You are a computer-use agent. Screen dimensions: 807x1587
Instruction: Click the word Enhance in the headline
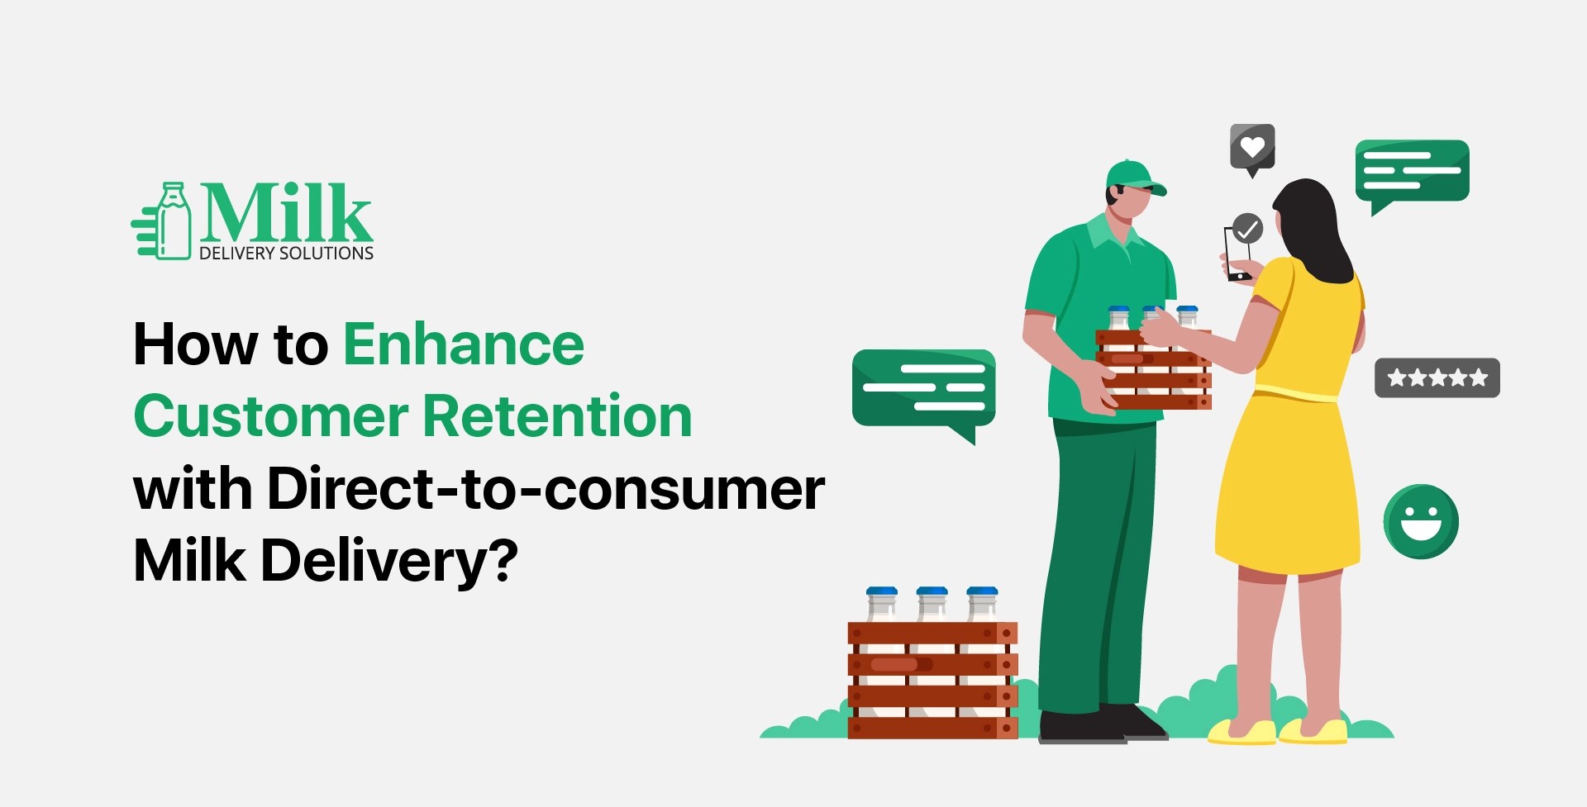(463, 344)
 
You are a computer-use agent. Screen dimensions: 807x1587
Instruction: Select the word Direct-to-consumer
(546, 488)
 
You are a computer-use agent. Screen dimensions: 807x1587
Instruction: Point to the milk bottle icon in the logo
(173, 221)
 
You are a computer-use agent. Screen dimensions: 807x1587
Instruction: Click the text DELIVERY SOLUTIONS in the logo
(286, 254)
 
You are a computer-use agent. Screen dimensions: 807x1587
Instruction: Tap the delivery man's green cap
(1132, 176)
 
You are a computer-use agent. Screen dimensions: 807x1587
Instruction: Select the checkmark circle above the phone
(1247, 227)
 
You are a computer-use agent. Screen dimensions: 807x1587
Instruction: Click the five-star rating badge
(1437, 377)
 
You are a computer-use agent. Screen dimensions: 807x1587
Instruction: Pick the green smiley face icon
(1421, 521)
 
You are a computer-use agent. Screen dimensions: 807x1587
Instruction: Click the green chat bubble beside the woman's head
(1412, 171)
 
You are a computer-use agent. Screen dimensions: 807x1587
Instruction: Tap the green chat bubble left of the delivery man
(923, 387)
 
